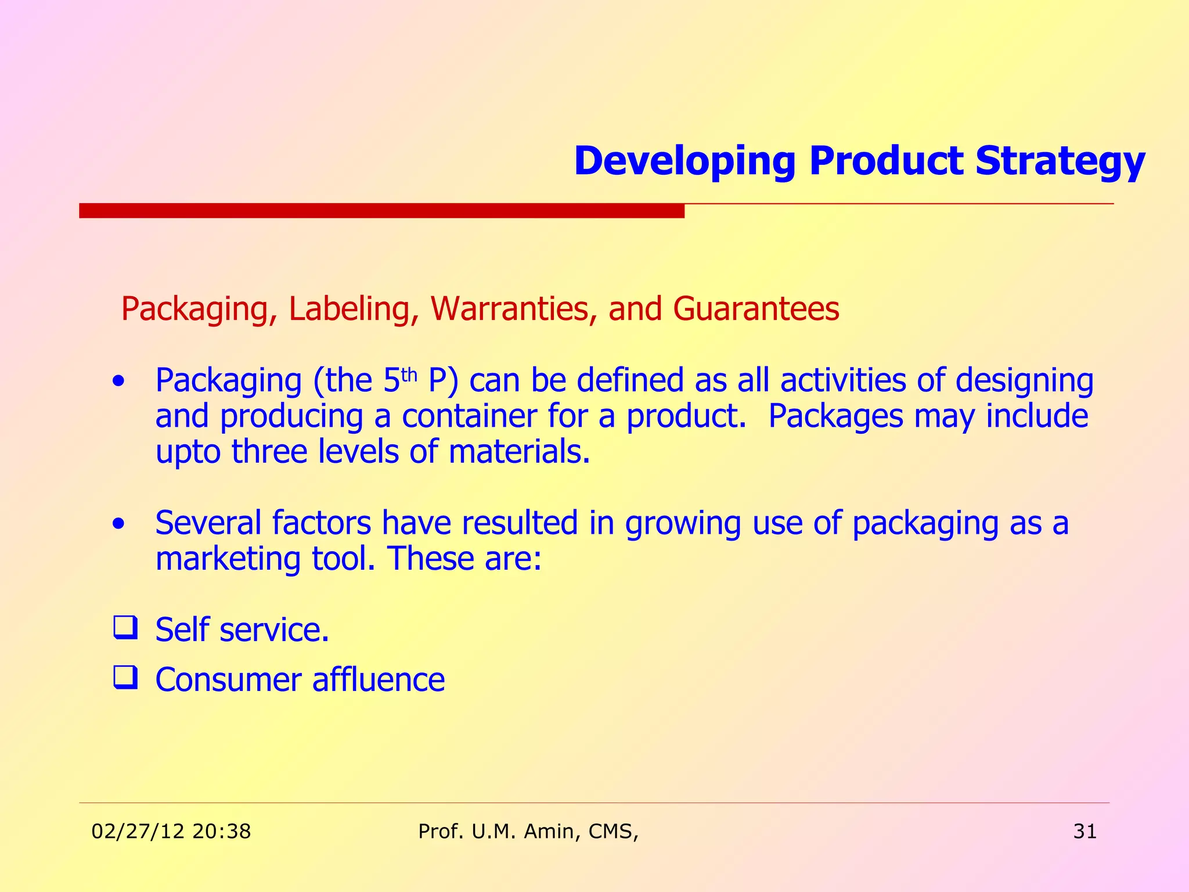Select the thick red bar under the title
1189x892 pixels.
(x=381, y=210)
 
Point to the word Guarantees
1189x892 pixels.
(x=756, y=308)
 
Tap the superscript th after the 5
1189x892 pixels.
(x=409, y=375)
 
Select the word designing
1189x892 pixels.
(x=1024, y=382)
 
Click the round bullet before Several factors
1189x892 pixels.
(x=118, y=524)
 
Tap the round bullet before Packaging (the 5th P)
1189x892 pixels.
(x=118, y=382)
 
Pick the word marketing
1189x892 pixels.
(x=228, y=559)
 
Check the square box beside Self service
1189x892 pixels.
(x=125, y=628)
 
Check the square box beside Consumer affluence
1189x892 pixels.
(x=125, y=678)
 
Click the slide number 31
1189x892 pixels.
(x=1084, y=832)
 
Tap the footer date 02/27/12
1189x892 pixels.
(x=138, y=832)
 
